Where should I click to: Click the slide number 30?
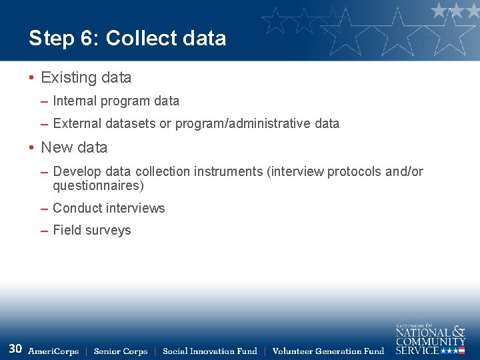tap(15, 349)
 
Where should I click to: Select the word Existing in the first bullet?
tap(69, 77)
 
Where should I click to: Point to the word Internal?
tap(75, 101)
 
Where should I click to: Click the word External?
tap(77, 123)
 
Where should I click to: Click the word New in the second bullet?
tap(55, 147)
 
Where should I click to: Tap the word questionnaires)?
tap(98, 186)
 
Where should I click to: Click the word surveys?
tap(109, 230)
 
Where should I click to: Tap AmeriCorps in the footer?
tap(53, 351)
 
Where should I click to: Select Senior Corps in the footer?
tap(121, 351)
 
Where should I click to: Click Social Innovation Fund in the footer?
tap(210, 351)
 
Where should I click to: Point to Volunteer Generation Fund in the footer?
tap(329, 351)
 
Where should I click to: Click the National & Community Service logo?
tap(430, 339)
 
